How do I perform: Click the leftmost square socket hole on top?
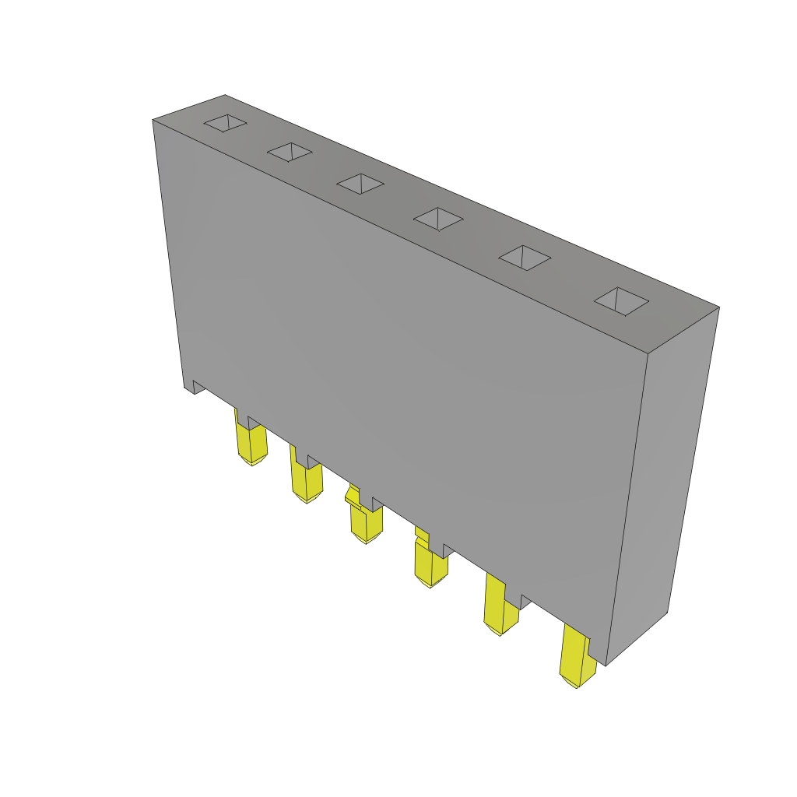pos(226,123)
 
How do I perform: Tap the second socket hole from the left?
pos(290,152)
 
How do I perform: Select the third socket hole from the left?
pos(360,184)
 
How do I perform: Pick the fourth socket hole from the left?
pos(438,219)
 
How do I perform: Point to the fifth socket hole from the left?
pos(525,258)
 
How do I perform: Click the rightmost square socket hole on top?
pos(621,301)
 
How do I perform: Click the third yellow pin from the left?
pos(366,523)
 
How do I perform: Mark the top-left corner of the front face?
pos(153,121)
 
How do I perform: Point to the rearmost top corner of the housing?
pos(225,96)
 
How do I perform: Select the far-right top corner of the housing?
pos(718,307)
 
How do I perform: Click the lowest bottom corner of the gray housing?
pos(606,665)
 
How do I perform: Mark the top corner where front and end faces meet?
pos(648,353)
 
